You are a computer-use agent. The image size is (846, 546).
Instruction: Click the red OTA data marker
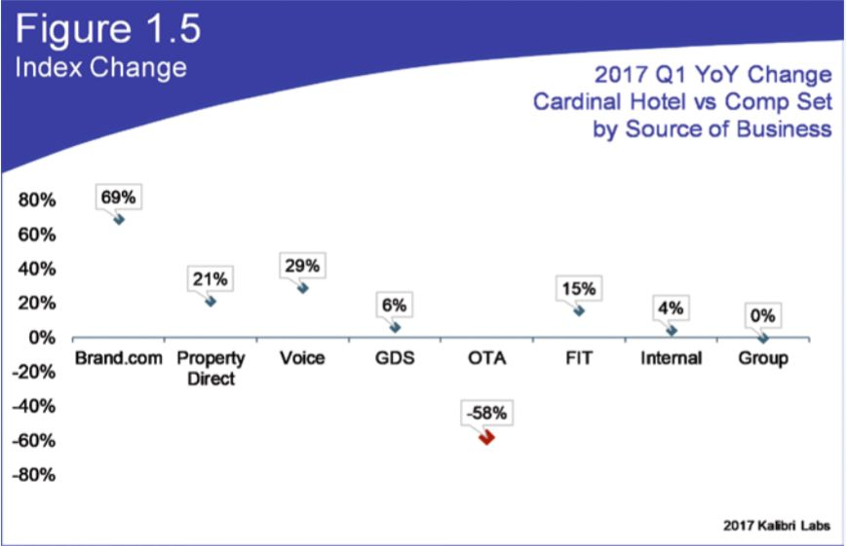(x=486, y=437)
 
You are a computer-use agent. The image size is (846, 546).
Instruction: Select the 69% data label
(x=118, y=198)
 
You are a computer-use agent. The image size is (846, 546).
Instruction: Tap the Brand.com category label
(x=119, y=358)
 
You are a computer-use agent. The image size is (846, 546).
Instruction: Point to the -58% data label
(x=486, y=414)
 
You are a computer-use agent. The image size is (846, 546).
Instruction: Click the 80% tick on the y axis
(x=37, y=200)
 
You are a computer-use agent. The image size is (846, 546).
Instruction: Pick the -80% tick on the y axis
(x=34, y=475)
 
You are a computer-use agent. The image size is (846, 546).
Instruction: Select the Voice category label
(x=302, y=358)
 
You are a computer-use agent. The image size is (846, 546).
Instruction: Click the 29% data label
(x=302, y=266)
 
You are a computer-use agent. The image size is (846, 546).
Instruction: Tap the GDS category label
(x=395, y=358)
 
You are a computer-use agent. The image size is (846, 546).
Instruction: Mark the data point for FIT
(x=579, y=310)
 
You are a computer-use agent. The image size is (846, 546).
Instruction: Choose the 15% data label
(x=579, y=289)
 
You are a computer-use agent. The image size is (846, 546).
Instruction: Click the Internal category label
(x=672, y=358)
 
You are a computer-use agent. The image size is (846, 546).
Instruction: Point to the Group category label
(x=763, y=358)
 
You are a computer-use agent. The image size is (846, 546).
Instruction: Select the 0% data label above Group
(x=762, y=315)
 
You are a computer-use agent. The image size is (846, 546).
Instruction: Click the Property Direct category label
(x=211, y=368)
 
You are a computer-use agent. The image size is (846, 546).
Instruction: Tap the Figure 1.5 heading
(x=108, y=28)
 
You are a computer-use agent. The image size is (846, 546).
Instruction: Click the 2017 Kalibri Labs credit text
(x=777, y=526)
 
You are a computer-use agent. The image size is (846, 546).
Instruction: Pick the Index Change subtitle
(x=101, y=68)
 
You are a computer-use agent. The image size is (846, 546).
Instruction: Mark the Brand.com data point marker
(x=119, y=219)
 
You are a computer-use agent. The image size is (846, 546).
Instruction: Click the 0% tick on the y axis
(x=42, y=338)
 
